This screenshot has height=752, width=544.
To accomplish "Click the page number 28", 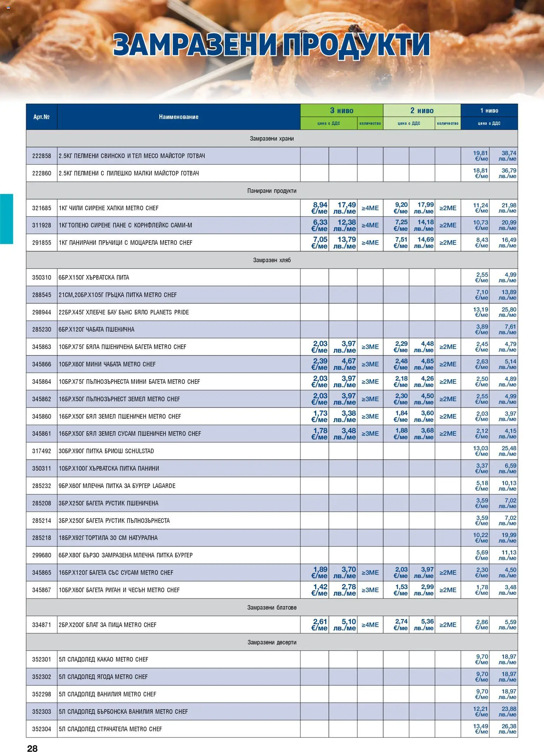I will point(32,748).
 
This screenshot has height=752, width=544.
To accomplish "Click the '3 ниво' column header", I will point(341,110).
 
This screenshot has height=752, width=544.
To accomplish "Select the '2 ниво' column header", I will point(422,110).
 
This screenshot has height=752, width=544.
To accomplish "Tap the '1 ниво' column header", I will point(489,110).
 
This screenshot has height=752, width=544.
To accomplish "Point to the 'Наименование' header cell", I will point(178,117).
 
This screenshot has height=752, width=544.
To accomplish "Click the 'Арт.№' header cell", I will point(41,117).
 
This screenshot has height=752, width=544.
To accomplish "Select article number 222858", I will point(41,156).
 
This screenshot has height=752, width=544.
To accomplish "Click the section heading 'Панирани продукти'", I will point(272,191).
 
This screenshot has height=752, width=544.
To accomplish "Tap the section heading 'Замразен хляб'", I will point(272,260).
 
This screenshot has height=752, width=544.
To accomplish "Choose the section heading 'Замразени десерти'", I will point(272,642).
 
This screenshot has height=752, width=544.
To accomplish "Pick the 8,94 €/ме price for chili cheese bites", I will point(319,208).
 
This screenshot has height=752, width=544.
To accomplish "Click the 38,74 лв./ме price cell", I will point(508,156).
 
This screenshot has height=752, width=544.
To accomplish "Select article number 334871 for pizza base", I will point(41,625).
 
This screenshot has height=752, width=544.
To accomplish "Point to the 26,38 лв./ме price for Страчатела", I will point(508,729).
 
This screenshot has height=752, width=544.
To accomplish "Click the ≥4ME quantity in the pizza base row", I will point(370,625).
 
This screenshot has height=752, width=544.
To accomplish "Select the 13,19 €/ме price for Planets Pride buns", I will point(481,312).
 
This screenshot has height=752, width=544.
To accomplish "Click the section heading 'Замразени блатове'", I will point(272,607).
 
